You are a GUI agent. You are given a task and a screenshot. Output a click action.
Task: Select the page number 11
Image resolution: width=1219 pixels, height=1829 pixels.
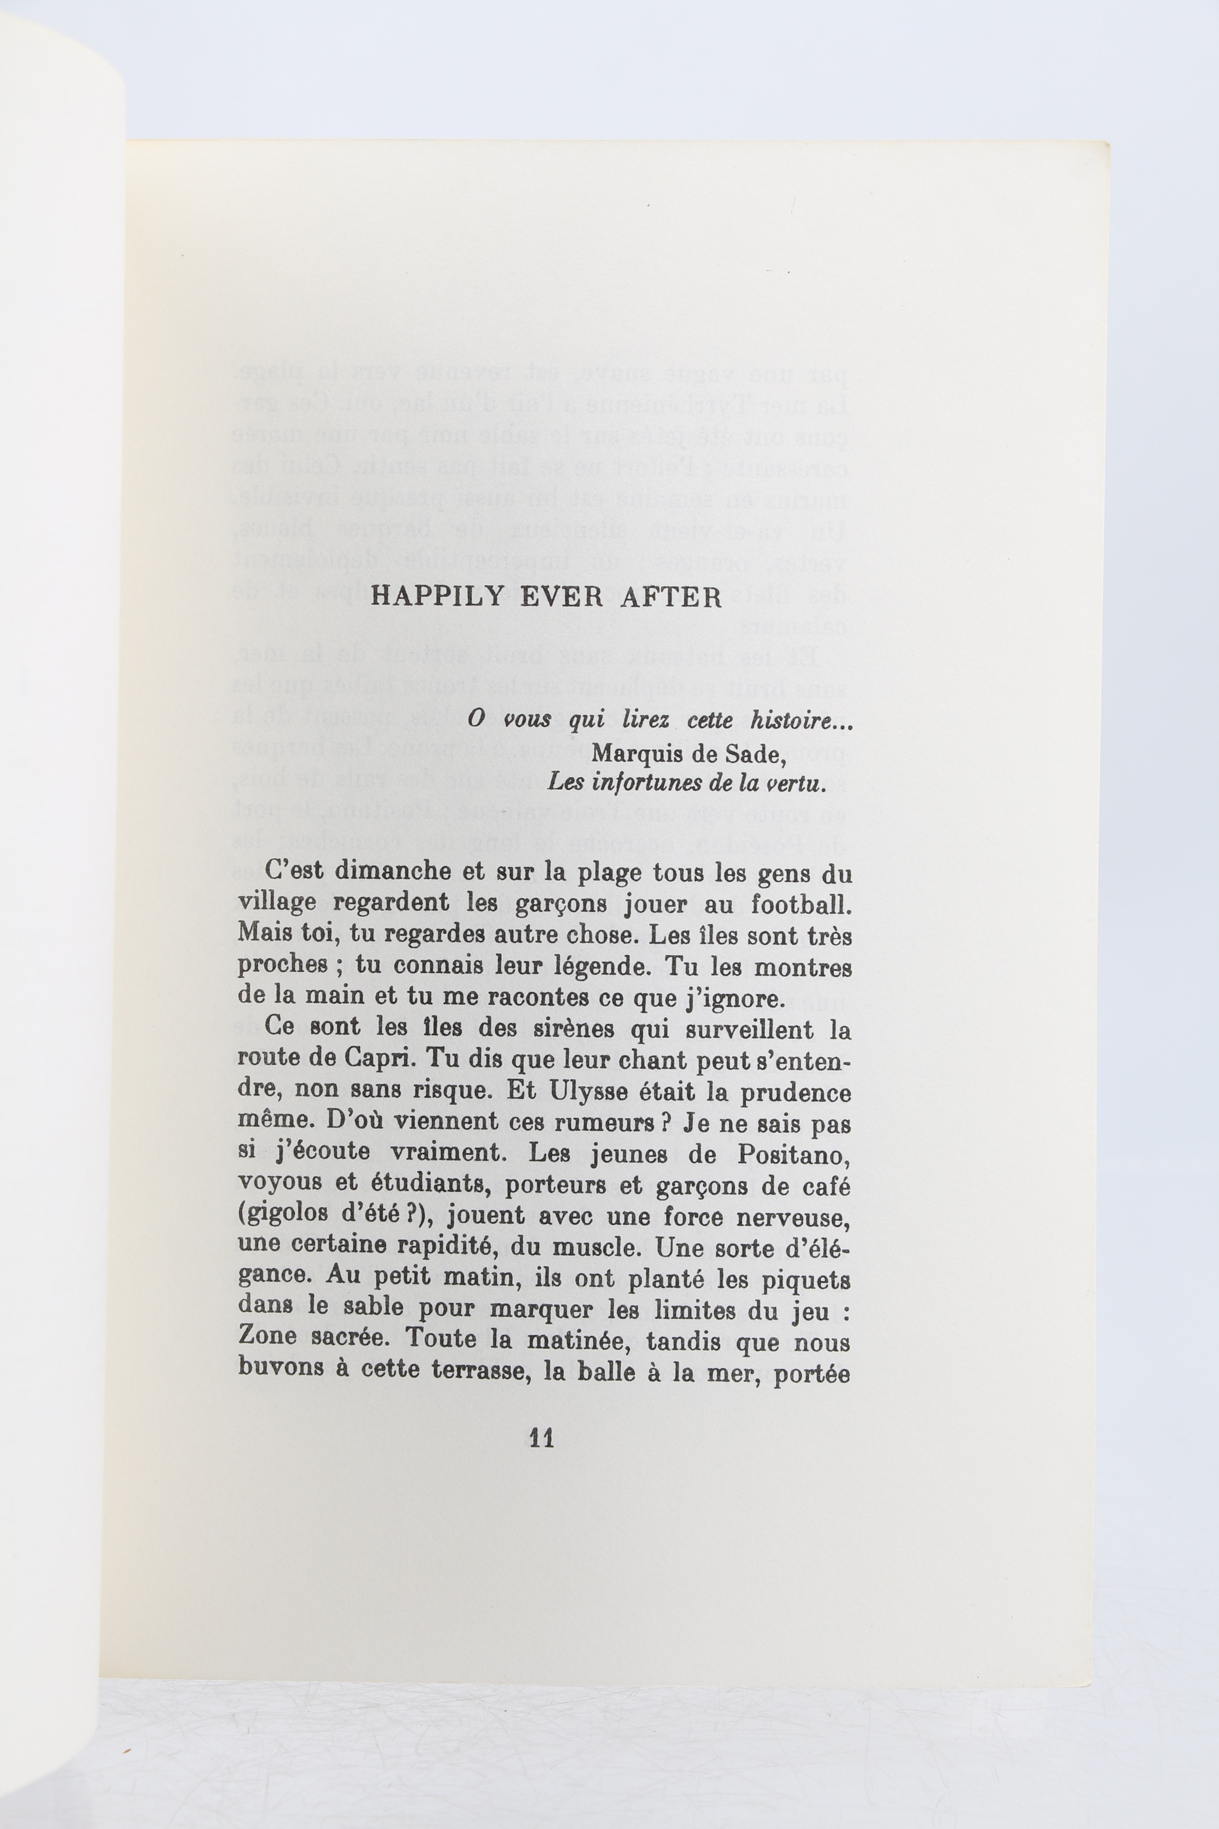click(541, 1438)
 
